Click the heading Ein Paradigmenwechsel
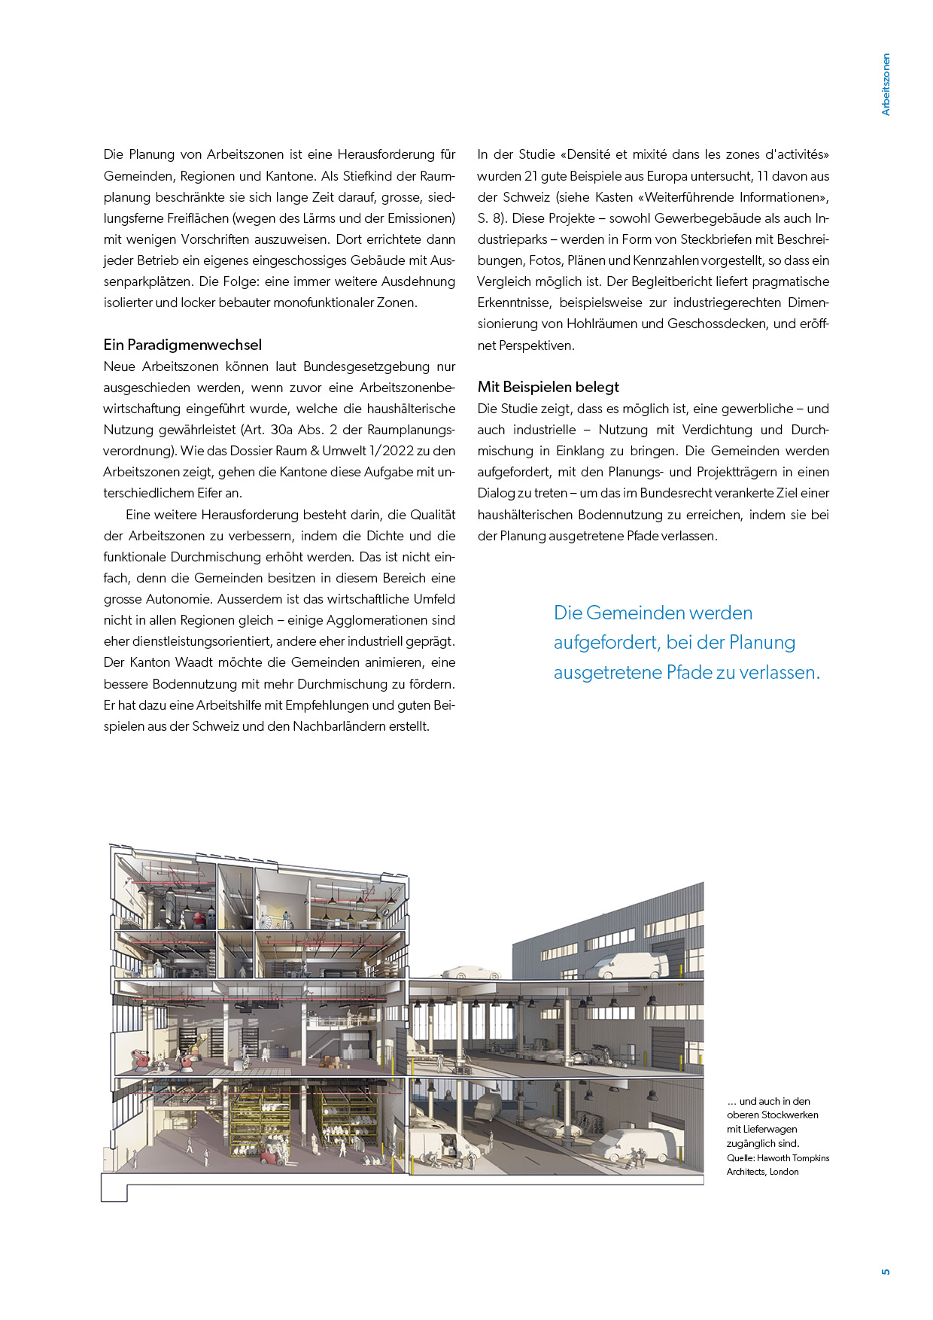(183, 345)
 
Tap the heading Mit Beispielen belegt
(548, 388)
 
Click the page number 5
(886, 1271)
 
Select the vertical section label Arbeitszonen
(886, 84)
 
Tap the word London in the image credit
(784, 1172)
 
